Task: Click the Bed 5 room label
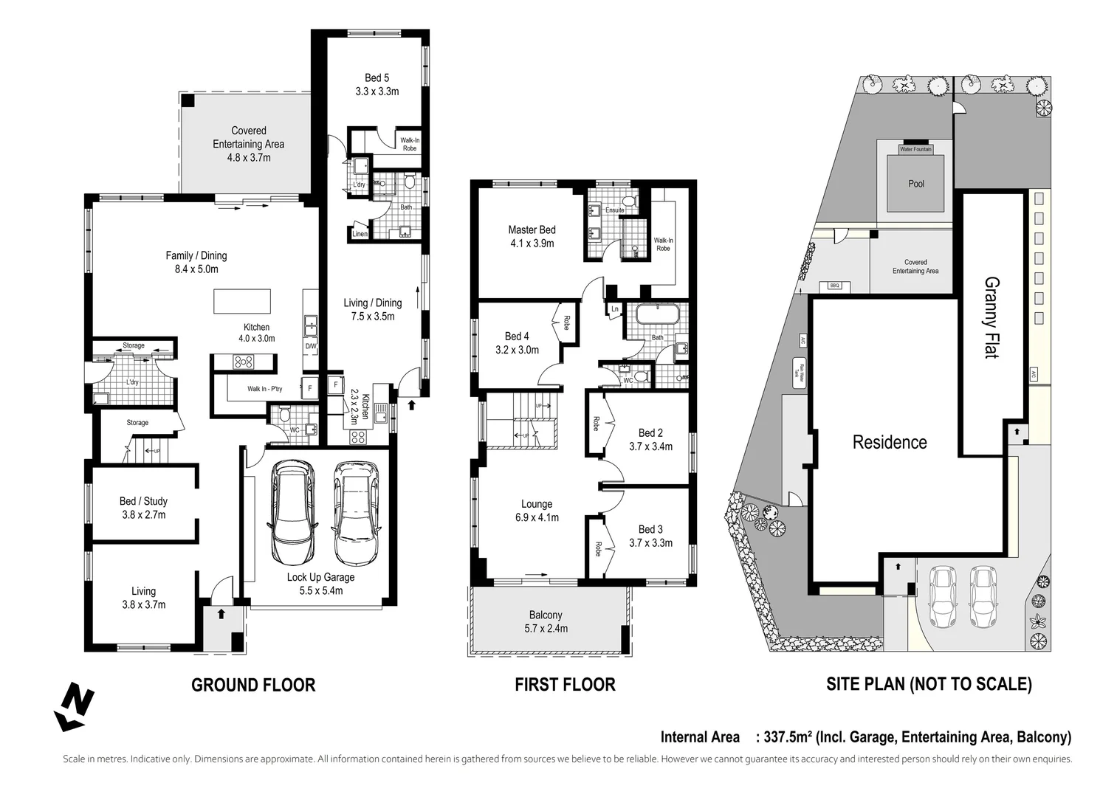(x=377, y=78)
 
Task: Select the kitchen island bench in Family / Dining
(x=242, y=301)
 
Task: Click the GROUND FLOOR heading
(x=253, y=685)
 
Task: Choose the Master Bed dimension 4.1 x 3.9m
(x=532, y=244)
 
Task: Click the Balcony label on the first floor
(x=546, y=615)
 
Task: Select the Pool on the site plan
(x=915, y=184)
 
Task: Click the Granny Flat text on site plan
(x=991, y=317)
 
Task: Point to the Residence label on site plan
(x=889, y=442)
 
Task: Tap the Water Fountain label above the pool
(x=915, y=149)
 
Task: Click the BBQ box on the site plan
(x=835, y=286)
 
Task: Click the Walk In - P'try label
(x=264, y=389)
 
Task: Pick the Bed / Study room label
(x=143, y=501)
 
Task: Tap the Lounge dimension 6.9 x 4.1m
(x=537, y=517)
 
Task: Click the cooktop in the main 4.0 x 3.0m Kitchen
(x=244, y=362)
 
